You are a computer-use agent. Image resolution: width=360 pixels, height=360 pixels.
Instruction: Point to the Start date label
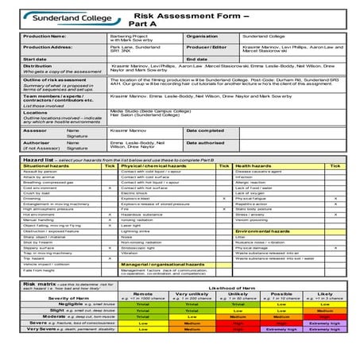[x=35, y=59]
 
